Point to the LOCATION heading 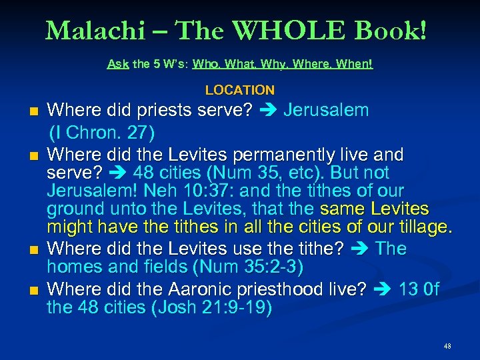[x=240, y=90]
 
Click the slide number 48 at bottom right [x=447, y=347]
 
